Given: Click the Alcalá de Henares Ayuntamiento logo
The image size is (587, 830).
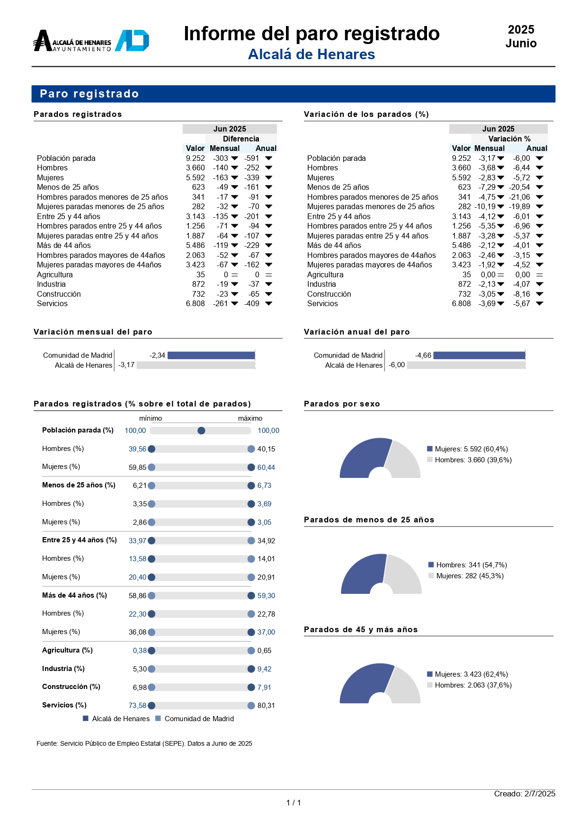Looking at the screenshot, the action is (91, 41).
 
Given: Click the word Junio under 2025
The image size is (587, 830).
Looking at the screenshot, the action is (521, 44).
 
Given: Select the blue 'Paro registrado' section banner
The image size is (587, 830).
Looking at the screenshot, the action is (293, 94).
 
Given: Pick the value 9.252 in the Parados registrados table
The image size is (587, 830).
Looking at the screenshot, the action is (195, 158).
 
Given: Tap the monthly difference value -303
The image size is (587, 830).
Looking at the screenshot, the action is (221, 158).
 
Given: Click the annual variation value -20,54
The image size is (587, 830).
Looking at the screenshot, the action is (519, 187).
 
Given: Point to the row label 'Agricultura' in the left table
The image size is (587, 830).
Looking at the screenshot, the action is (55, 274).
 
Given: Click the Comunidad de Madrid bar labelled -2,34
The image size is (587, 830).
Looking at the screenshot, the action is (211, 355).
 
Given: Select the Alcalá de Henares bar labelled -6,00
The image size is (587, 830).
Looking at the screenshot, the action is (466, 365).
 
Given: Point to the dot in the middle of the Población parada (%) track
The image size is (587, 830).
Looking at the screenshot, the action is (201, 431).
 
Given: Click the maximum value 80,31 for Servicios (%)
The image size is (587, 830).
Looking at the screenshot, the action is (266, 706).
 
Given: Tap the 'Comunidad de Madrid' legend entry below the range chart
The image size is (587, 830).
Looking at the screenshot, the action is (195, 719).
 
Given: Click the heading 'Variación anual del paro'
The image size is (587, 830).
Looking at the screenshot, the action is (357, 332).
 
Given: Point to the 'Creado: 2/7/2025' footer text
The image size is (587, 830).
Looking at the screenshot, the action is (525, 794).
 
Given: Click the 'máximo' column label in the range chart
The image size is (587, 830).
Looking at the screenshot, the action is (250, 418).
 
